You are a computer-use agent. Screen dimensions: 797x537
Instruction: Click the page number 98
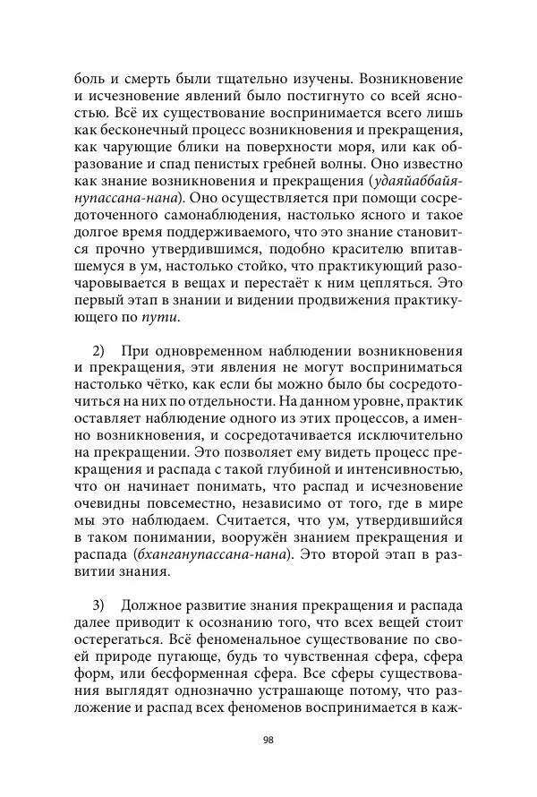point(268,740)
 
